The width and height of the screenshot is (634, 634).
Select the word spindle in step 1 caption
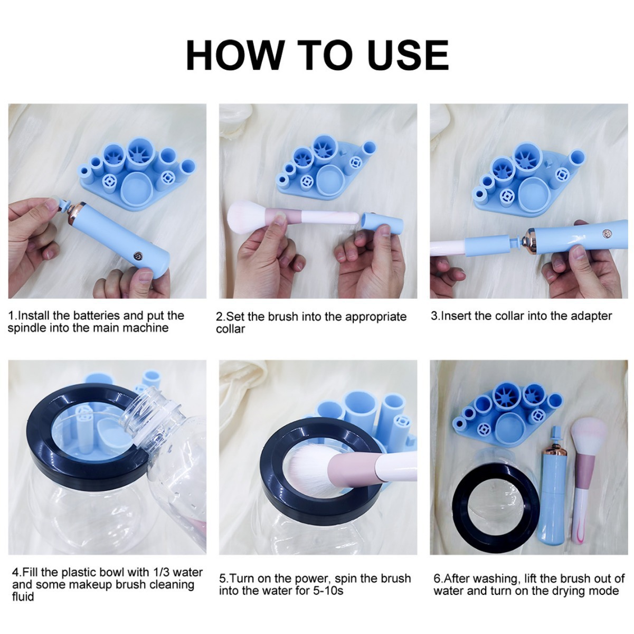pos(27,328)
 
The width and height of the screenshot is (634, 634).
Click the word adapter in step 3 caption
pos(591,316)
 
